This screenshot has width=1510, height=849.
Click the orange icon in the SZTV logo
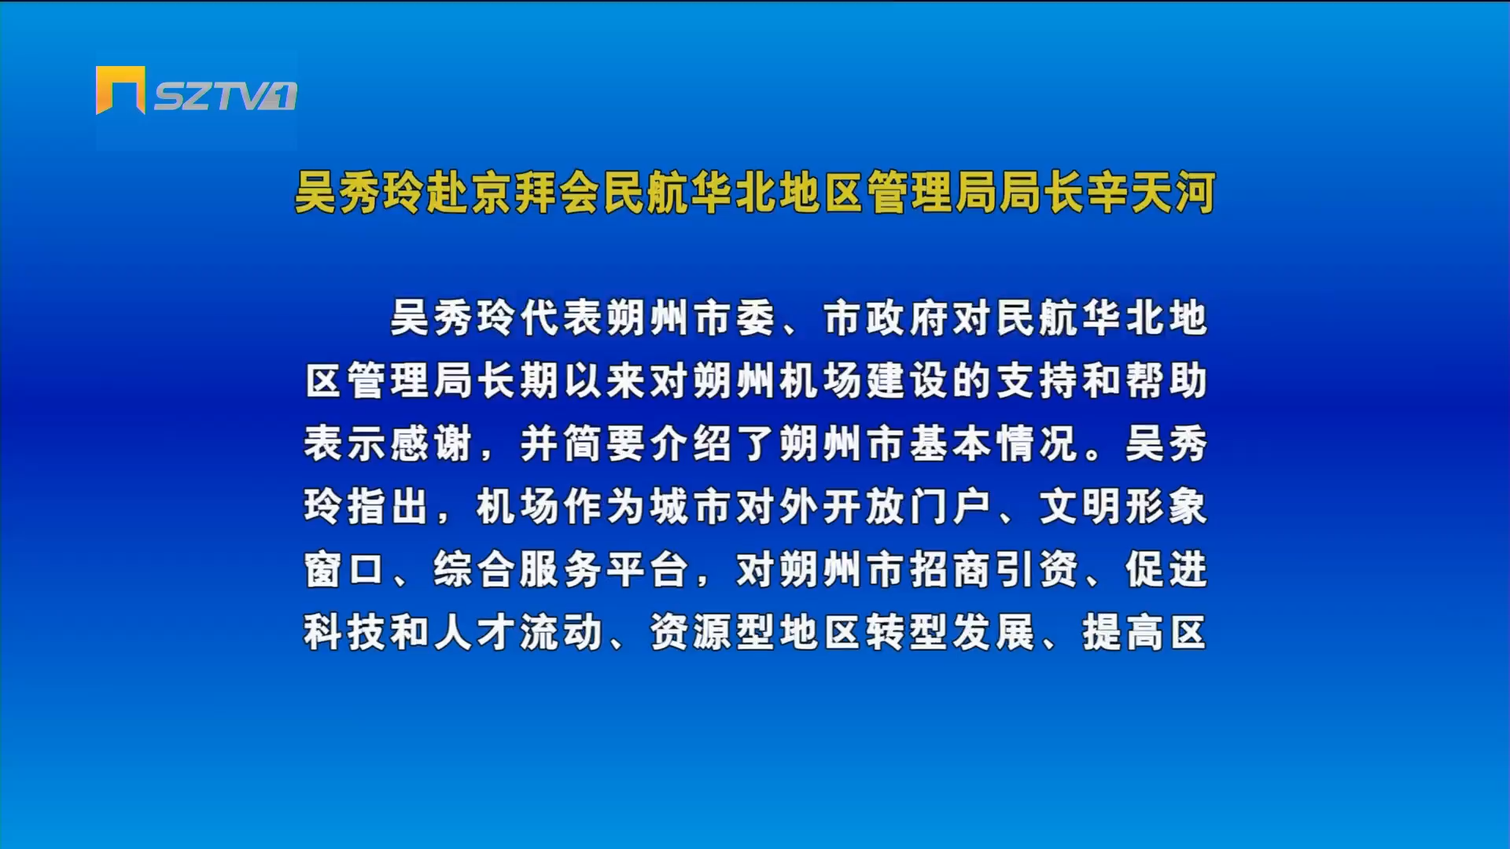click(x=120, y=90)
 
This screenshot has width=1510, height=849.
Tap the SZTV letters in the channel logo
click(x=225, y=96)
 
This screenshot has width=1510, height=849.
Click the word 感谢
click(x=432, y=444)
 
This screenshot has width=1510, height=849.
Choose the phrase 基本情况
click(x=994, y=444)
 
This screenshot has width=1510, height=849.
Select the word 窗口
click(x=345, y=570)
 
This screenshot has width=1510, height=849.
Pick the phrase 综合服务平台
click(x=562, y=570)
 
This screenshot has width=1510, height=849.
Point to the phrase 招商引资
click(x=994, y=570)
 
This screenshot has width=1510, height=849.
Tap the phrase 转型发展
click(x=951, y=633)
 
